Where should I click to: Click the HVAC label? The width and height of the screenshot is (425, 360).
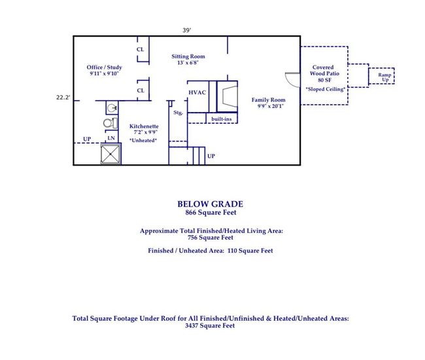click(197, 92)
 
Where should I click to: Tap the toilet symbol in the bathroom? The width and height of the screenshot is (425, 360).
click(110, 123)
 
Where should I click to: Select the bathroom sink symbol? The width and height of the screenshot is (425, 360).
click(112, 108)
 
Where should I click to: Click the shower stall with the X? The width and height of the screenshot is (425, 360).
click(110, 154)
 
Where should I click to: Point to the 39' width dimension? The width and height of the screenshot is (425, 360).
click(187, 30)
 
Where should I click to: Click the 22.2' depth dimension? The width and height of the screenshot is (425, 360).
click(63, 98)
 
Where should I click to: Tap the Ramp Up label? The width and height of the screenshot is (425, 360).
click(384, 77)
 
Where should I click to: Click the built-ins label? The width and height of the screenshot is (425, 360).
click(222, 119)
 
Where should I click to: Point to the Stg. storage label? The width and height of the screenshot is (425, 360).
click(178, 113)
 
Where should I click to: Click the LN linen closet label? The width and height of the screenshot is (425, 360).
click(111, 138)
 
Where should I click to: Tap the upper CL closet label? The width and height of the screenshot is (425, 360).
click(140, 49)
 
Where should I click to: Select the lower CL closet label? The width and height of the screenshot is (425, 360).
click(141, 90)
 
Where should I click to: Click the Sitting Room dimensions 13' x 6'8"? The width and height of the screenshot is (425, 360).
click(188, 63)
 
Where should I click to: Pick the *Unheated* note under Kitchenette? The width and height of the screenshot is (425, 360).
click(143, 140)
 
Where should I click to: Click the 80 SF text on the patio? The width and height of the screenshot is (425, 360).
click(324, 80)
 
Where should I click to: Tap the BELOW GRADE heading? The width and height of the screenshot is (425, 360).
click(211, 204)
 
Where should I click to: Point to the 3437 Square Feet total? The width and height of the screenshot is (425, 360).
click(210, 325)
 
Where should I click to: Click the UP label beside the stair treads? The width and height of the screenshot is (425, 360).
click(211, 156)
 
